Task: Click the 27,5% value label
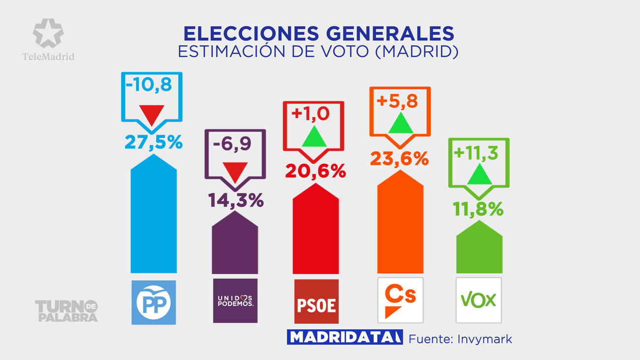154,142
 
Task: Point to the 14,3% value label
235,200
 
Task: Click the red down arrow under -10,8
151,115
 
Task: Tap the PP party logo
154,302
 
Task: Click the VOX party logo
479,300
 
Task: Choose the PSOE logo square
316,302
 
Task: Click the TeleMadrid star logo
48,33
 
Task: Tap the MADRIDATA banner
344,337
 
